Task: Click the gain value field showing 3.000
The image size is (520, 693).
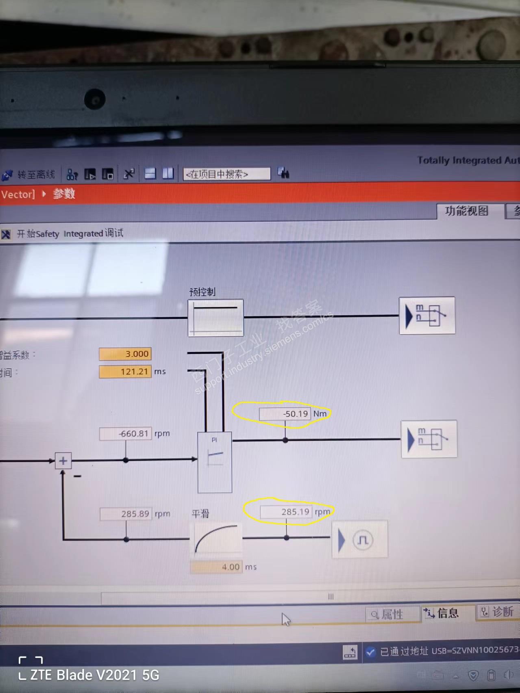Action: coord(125,354)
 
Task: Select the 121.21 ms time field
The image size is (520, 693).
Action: coord(125,371)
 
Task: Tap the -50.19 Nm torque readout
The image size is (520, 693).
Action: coord(285,414)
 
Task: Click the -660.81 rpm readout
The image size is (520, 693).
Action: coord(126,433)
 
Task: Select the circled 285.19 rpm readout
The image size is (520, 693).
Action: coord(286,512)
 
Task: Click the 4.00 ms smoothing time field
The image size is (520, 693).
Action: coord(216,567)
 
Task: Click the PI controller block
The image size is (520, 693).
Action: coord(215,462)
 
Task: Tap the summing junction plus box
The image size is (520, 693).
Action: coord(63,461)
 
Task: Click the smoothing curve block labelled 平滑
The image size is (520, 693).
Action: coord(216,539)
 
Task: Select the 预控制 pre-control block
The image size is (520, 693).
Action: coord(215,318)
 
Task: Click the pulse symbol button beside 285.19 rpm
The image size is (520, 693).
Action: coord(360,540)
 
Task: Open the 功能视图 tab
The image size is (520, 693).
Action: coord(466,211)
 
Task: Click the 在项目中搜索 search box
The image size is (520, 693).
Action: coord(226,174)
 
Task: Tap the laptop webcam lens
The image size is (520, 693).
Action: coord(95,99)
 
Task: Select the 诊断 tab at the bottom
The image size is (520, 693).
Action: coord(498,612)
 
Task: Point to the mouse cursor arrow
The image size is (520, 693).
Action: coord(285,619)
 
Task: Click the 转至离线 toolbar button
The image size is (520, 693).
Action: coord(29,175)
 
